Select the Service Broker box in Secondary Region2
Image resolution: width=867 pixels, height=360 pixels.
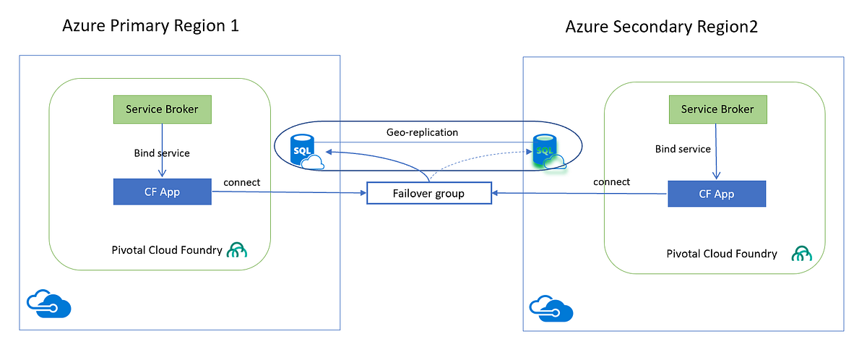click(x=717, y=109)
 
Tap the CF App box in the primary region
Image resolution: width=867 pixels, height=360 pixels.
click(x=163, y=192)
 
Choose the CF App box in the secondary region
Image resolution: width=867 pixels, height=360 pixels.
click(x=716, y=194)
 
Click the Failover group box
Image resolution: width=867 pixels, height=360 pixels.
click(x=429, y=193)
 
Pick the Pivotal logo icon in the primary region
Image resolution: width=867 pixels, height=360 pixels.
click(x=237, y=250)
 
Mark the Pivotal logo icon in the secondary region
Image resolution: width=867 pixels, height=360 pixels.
click(x=802, y=254)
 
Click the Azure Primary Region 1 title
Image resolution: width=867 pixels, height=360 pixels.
click(x=150, y=27)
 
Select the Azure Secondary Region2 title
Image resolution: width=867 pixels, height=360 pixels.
click(x=662, y=27)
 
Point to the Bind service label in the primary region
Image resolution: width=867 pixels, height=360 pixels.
click(x=161, y=153)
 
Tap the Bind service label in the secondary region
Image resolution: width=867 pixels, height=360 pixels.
click(x=683, y=149)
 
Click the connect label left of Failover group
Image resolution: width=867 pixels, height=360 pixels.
click(x=242, y=182)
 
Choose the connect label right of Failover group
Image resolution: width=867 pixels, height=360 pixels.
click(x=611, y=181)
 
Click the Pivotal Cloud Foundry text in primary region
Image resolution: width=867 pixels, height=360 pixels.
click(x=167, y=250)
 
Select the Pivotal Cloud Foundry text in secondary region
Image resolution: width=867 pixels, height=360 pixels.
click(x=721, y=254)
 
